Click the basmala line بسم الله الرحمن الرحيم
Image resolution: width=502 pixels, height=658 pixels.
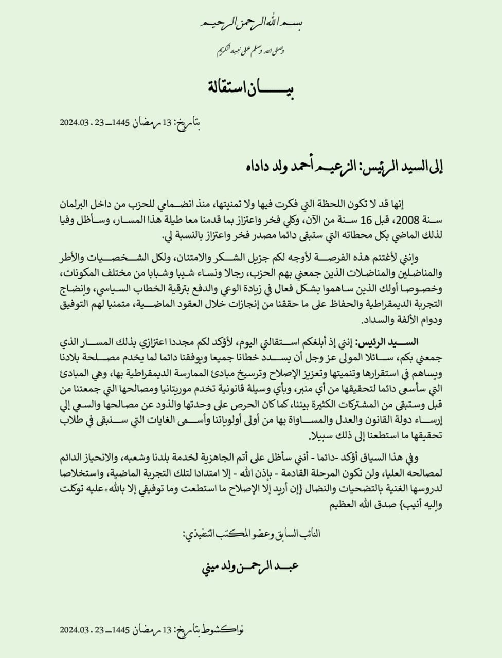coord(250,23)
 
